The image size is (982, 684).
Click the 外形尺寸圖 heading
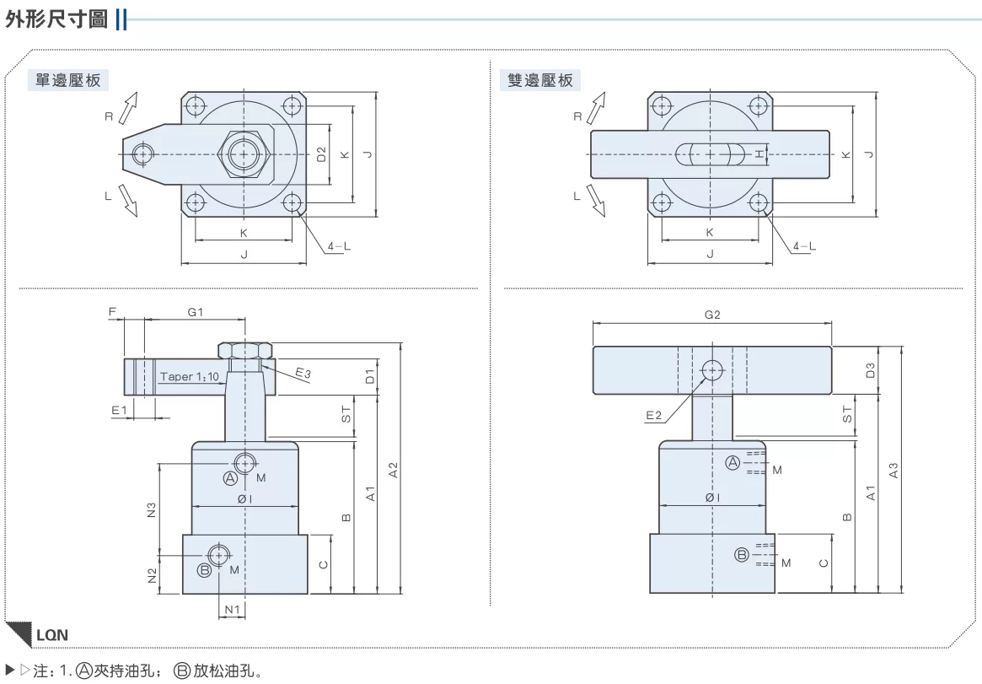(x=56, y=19)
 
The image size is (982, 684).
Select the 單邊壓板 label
(x=68, y=80)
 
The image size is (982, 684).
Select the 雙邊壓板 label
(x=539, y=80)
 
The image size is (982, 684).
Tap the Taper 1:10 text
(x=189, y=376)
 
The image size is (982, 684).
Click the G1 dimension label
(x=196, y=312)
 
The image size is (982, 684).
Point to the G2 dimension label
(x=712, y=315)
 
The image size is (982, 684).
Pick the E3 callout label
(x=303, y=374)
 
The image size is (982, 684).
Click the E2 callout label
(x=653, y=415)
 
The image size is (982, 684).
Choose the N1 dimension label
(x=232, y=610)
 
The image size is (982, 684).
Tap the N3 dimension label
(x=152, y=510)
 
